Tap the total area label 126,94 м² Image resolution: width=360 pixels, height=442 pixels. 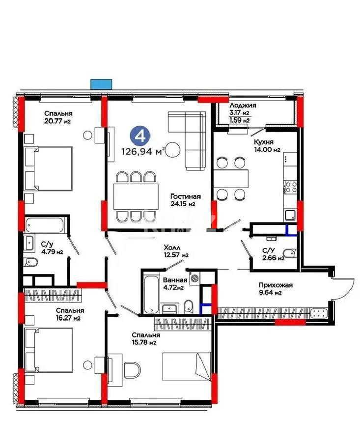coord(142,151)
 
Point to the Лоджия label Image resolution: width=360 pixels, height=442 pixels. coord(243,106)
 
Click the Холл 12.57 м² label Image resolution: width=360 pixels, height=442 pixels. coord(176,251)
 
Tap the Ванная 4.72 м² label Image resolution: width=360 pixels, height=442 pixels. coord(173,283)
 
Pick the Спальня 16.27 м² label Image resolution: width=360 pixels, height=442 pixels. coord(69,314)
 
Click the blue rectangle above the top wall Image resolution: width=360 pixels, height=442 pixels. coord(101,83)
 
